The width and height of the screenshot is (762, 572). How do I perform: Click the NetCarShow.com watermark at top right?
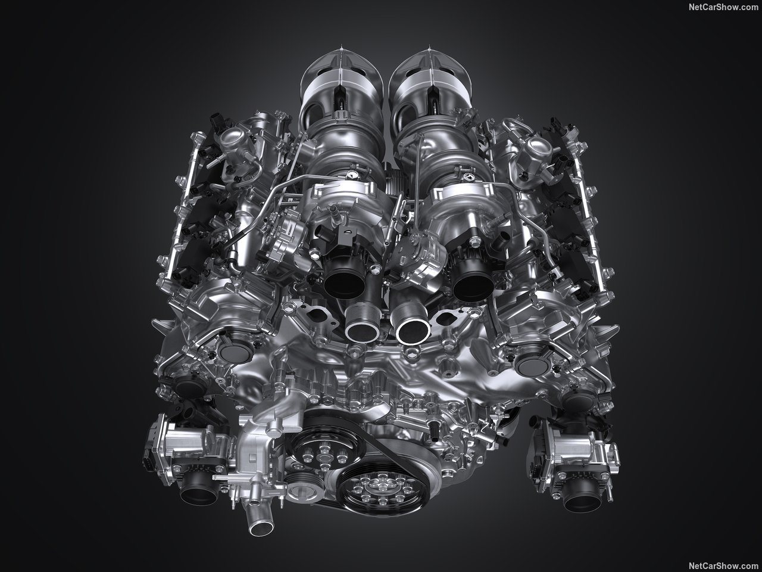coord(723,7)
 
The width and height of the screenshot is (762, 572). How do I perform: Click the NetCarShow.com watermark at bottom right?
coord(723,565)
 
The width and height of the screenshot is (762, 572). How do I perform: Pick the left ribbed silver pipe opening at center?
coord(362,328)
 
